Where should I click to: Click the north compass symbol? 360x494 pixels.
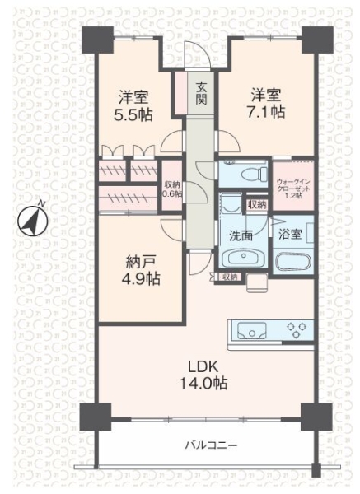point(32,220)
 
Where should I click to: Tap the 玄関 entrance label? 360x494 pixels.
point(201,93)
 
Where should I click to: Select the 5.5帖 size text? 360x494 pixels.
point(133,115)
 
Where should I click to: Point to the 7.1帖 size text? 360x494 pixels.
point(266,112)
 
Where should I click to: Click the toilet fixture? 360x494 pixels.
point(253,174)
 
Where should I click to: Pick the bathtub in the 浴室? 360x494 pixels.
point(293,261)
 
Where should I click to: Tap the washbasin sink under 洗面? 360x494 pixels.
point(243,258)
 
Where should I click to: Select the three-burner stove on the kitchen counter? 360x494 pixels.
point(297,330)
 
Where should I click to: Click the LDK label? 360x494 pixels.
point(203,366)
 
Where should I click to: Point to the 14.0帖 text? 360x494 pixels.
point(203,383)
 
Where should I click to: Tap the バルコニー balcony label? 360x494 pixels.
point(211,445)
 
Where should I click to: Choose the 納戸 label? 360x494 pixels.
point(140,262)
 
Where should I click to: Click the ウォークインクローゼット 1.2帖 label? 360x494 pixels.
point(293,189)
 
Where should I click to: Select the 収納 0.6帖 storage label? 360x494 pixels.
point(172,189)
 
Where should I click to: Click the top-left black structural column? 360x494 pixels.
point(98,40)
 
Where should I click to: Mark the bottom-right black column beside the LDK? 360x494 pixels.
point(316,417)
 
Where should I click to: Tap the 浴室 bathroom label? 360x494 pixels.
point(290,234)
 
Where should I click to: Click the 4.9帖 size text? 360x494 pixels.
point(141,278)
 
